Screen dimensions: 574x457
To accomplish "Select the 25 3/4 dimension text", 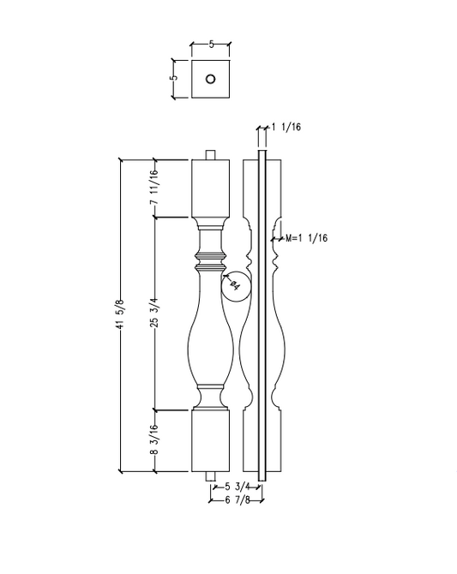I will [x=154, y=314].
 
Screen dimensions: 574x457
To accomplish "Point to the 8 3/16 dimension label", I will [x=154, y=441].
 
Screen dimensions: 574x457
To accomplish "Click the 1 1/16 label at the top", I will [x=286, y=128].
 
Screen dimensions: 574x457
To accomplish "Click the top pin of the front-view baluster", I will [x=211, y=155].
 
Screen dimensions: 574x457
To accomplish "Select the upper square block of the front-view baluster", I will [x=211, y=187].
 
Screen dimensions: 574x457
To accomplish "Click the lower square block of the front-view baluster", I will [x=211, y=440].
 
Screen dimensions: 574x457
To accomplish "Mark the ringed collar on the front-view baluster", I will [x=211, y=260].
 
